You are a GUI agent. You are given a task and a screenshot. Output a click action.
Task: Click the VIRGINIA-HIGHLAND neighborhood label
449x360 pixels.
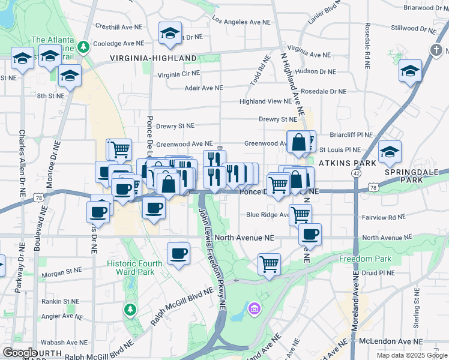tap(153, 58)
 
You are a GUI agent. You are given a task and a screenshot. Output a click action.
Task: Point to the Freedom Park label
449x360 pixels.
tap(365, 259)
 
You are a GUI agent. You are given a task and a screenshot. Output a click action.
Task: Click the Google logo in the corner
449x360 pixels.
tap(20, 353)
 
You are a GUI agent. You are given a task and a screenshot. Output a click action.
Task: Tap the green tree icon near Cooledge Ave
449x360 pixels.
tap(85, 46)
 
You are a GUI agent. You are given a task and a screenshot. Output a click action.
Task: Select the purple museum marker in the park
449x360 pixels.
tap(255, 309)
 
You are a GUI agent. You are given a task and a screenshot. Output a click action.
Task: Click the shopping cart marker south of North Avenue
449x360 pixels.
tap(270, 263)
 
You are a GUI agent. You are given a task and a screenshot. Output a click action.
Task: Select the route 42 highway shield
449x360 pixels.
tap(357, 173)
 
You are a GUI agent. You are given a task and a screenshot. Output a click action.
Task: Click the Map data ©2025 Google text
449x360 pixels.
tap(412, 355)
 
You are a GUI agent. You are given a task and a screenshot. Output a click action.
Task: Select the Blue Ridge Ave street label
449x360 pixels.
tap(268, 214)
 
